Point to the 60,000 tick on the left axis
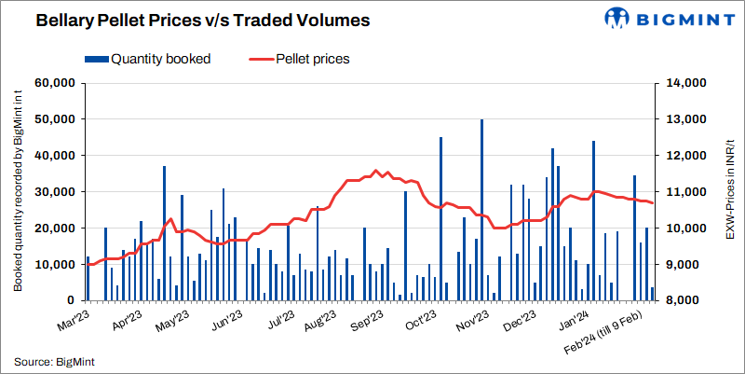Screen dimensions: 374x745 click(54, 83)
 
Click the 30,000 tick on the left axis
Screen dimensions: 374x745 click(54, 192)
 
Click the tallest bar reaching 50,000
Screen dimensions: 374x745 click(481, 210)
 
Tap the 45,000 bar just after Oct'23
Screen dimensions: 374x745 click(440, 219)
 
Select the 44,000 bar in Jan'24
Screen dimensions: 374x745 click(593, 221)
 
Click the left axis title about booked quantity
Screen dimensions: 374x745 click(18, 192)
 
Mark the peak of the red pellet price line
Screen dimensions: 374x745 click(375, 171)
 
